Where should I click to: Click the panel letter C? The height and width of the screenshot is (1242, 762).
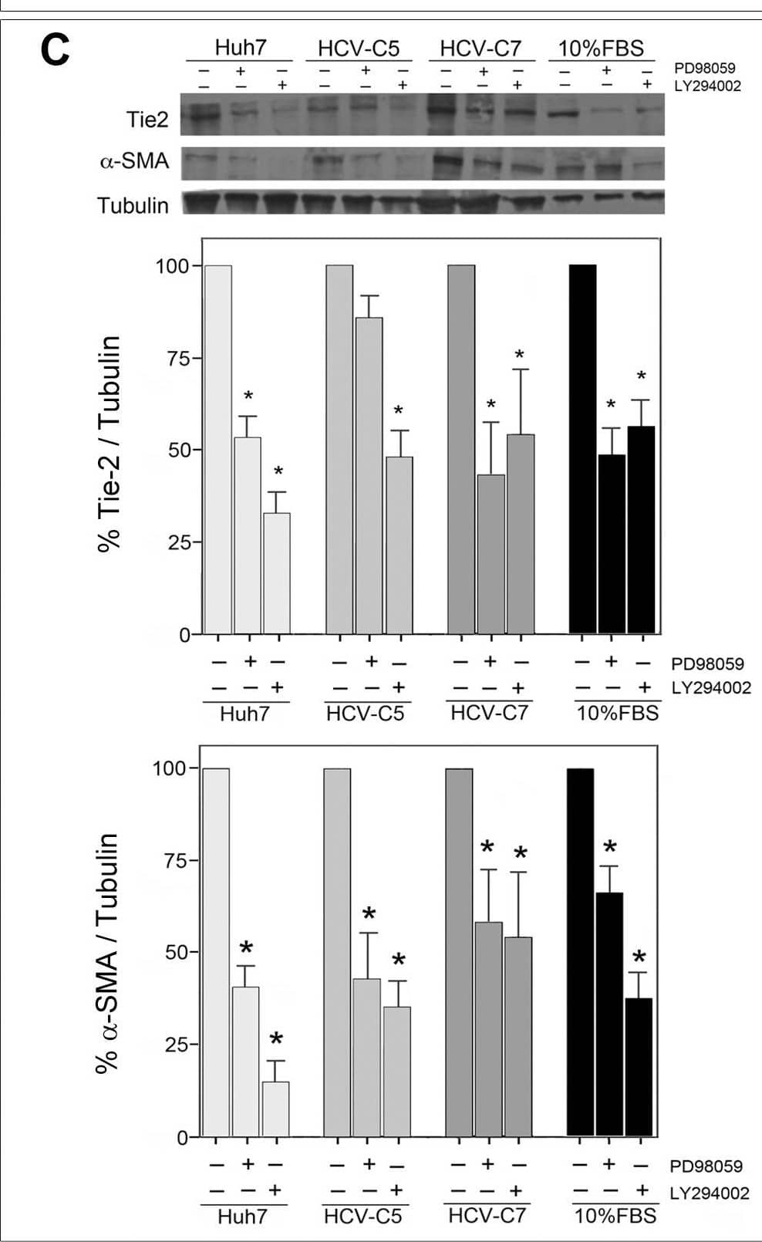[54, 50]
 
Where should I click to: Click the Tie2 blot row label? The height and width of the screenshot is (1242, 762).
[147, 120]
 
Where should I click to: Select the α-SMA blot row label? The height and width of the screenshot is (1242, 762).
[134, 161]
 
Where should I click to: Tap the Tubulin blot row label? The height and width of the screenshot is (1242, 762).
[133, 205]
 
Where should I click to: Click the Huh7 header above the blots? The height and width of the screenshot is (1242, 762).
[240, 48]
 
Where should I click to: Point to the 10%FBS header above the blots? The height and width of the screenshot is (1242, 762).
[601, 48]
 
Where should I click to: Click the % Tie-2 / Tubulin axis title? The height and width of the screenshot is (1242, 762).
[110, 444]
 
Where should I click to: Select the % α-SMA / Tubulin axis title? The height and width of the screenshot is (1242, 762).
[107, 953]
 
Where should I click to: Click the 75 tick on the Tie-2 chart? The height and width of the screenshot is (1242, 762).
[179, 358]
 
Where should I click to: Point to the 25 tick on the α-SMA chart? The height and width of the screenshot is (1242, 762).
[177, 1045]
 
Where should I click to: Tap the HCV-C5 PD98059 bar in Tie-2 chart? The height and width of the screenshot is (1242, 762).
[369, 475]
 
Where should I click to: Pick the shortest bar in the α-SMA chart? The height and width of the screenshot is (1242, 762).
[276, 1109]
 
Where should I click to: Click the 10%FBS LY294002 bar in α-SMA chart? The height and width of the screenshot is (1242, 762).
[639, 1067]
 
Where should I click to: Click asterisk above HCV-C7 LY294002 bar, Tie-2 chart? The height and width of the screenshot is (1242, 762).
[520, 355]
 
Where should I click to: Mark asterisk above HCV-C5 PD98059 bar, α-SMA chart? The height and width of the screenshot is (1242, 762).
[369, 915]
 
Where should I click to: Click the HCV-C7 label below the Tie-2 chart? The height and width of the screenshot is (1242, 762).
[489, 712]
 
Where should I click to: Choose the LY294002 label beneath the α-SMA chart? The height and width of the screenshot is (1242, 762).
[709, 1193]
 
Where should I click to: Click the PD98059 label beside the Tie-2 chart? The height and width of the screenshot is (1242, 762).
[707, 663]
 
